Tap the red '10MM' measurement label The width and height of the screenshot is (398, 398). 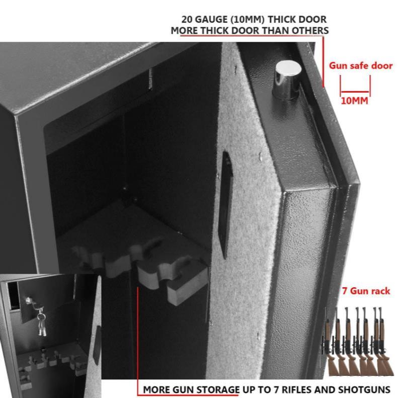pos(354,101)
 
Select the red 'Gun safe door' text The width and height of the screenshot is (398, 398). pos(361,66)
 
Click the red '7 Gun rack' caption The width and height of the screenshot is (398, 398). pos(366,291)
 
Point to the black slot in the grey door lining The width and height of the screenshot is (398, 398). pos(225,204)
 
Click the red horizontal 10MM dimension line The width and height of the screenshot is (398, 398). pos(355,92)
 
